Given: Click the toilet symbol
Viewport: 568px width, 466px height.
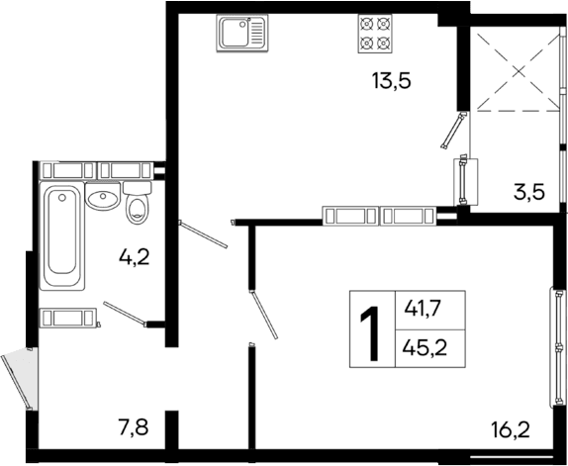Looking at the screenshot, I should (138, 203).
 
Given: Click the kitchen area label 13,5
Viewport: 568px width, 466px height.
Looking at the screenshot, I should (390, 80).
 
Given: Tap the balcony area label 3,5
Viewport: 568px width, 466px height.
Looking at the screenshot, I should (528, 192).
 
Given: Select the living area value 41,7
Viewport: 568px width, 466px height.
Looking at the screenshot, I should (422, 309).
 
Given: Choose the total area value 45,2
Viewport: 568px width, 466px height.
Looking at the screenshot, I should (422, 348).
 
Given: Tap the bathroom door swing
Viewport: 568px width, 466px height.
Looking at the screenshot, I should (124, 313).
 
